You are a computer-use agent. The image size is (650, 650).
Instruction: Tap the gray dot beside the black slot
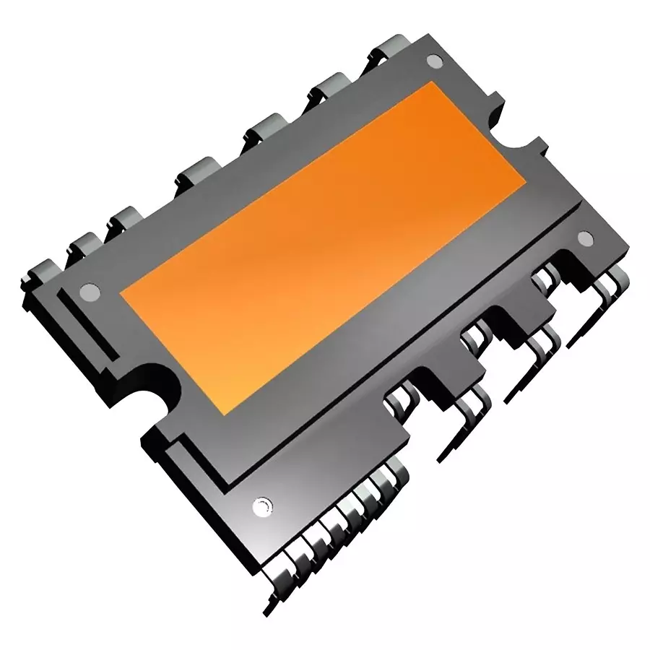(x=89, y=292)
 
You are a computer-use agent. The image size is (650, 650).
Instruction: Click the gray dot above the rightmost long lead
(x=585, y=237)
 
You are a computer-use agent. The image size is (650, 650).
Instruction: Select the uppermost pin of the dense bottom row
(x=390, y=477)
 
